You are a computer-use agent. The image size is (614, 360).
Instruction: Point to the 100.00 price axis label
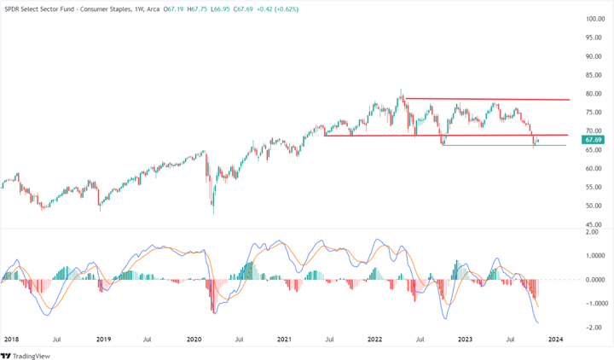[x=594, y=19]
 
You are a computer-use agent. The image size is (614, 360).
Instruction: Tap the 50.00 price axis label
[x=594, y=206]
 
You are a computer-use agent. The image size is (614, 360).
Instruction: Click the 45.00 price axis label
[x=594, y=224]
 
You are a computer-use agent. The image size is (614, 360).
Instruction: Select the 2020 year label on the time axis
[x=193, y=339]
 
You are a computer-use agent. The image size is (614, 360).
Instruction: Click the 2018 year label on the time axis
[x=11, y=339]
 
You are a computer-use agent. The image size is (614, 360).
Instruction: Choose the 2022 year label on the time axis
[x=374, y=339]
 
